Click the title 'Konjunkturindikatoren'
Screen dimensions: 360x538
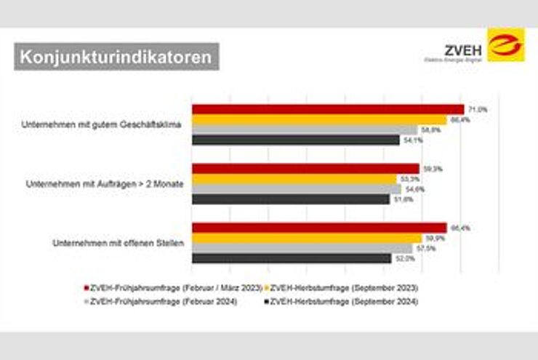click(x=116, y=56)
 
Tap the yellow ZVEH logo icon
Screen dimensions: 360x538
click(x=505, y=45)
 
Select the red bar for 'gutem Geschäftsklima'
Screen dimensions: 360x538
click(x=327, y=109)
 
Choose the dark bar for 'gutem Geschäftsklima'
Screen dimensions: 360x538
click(x=295, y=140)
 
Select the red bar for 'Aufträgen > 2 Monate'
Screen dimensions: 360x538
click(x=305, y=169)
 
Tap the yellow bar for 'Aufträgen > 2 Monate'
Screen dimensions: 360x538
click(x=295, y=179)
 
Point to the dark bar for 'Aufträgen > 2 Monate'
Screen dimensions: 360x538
click(x=291, y=199)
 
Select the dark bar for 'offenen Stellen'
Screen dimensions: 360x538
click(x=292, y=258)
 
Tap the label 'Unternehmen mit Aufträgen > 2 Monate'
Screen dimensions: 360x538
click(x=104, y=184)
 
